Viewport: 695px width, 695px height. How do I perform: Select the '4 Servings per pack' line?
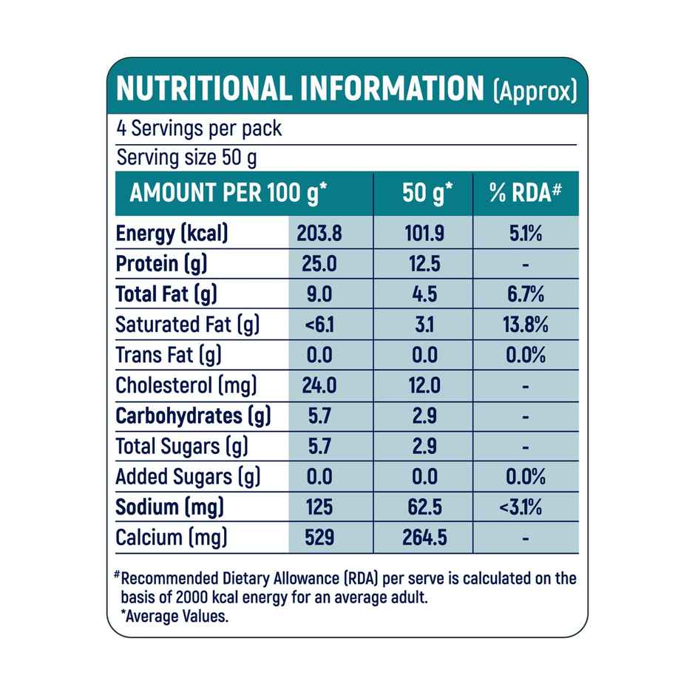(x=199, y=128)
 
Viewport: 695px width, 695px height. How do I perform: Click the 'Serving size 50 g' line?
(x=187, y=158)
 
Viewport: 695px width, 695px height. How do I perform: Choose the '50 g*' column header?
(x=427, y=194)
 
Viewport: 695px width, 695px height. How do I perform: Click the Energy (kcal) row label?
(x=172, y=234)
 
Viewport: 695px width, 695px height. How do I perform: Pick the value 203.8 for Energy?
(x=319, y=234)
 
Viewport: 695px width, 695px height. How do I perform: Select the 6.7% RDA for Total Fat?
(x=525, y=295)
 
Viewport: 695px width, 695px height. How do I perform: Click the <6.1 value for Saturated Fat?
(x=319, y=325)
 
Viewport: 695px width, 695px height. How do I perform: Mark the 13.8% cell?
(x=525, y=325)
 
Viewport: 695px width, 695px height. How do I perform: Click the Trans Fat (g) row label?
(x=169, y=355)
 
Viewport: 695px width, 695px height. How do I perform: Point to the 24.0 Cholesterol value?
(x=319, y=385)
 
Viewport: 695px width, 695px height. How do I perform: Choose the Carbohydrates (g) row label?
(x=193, y=416)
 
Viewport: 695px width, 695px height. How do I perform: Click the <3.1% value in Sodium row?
(x=525, y=507)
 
